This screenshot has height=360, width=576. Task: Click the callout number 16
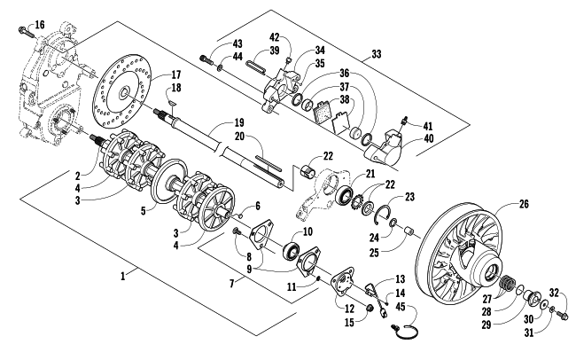pyautogui.click(x=40, y=25)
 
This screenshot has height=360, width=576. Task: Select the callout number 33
pyautogui.click(x=376, y=54)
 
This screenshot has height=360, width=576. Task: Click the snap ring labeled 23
pyautogui.click(x=383, y=214)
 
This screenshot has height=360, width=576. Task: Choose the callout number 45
pyautogui.click(x=401, y=306)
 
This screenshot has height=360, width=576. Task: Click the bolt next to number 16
pyautogui.click(x=25, y=32)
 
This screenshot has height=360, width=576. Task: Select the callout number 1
pyautogui.click(x=123, y=276)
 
